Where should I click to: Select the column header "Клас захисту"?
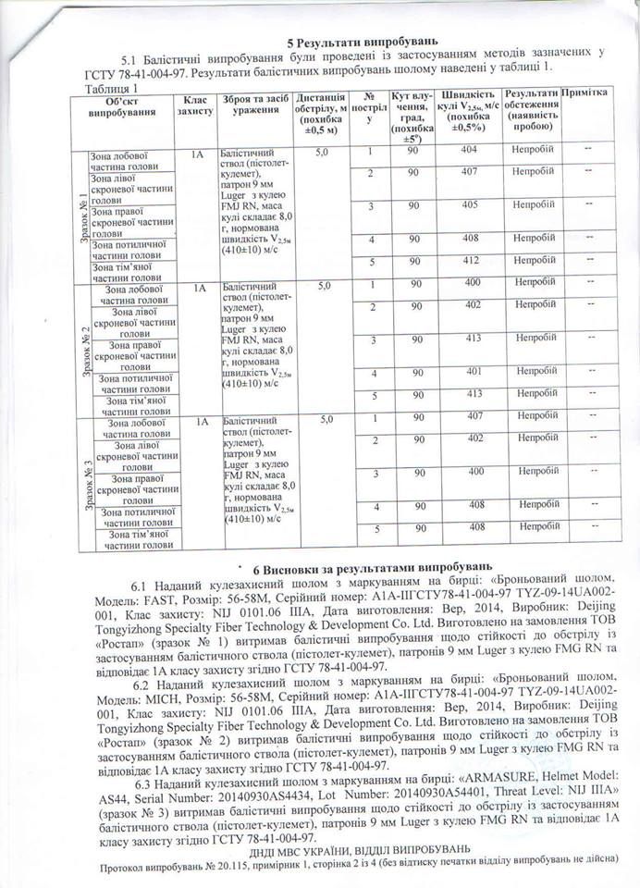point(196,104)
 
